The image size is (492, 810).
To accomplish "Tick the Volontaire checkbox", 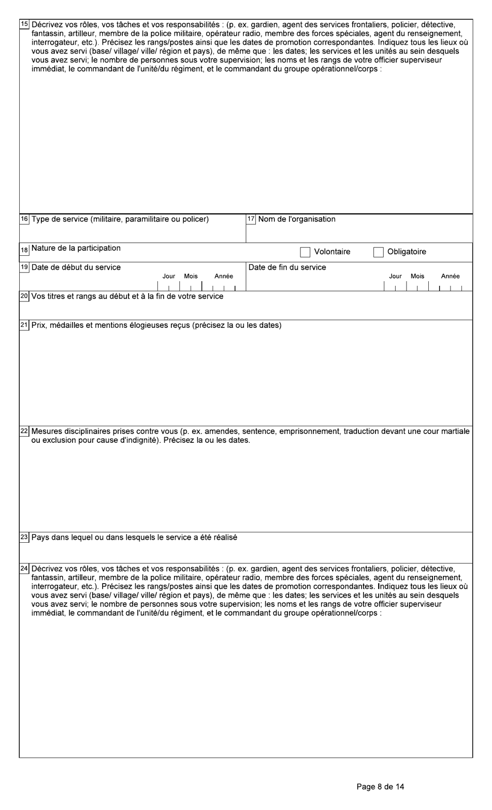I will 305,252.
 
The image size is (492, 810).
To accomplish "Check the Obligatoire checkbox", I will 379,252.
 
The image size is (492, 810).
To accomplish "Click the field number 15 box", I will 24,24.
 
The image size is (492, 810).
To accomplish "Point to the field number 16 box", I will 24,219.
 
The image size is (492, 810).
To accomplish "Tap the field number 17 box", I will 251,219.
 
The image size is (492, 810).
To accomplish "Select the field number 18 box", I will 24,249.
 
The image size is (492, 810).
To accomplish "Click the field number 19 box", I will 24,268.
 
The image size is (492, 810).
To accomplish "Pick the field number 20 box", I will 24,297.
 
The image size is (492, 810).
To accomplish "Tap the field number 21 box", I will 24,326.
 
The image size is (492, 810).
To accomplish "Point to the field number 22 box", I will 24,431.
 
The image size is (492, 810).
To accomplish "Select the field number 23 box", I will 24,538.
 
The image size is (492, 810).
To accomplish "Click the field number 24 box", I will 24,569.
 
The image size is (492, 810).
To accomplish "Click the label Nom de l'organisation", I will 297,219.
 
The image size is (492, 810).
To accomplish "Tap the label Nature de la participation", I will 76,248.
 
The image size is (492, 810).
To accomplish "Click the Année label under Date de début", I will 224,277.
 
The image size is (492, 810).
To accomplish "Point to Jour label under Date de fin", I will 395,277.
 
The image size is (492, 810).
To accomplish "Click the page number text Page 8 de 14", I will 381,787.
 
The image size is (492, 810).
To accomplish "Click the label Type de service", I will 120,219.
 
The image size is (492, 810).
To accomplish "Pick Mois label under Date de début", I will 191,277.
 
